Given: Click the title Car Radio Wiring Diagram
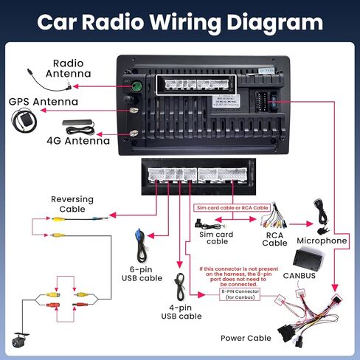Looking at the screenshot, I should click(x=180, y=21).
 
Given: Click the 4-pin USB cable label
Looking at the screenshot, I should click(x=181, y=311).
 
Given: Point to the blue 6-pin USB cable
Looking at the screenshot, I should click(x=139, y=241).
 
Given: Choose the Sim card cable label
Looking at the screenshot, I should click(x=217, y=237).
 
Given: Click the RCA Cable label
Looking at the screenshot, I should click(x=274, y=238).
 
